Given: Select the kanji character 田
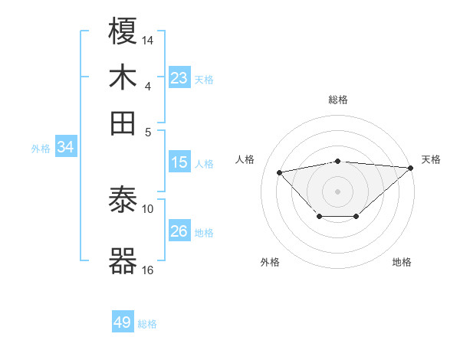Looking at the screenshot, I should coord(123,122).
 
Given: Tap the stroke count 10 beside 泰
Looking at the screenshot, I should coord(148,208).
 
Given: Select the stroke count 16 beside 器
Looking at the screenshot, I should coord(148,269).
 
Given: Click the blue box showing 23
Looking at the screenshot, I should coord(179,78).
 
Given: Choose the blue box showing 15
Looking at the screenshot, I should coord(179,162).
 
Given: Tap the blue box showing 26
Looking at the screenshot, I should coord(179,231).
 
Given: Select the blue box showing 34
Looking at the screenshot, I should coord(65,147).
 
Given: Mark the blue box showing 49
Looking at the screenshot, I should coord(123,322).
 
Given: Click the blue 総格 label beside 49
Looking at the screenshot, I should coord(148,324).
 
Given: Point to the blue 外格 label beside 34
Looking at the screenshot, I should coord(41,149).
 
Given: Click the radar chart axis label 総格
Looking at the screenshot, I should coord(338,100).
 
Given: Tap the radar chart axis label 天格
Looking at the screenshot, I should coord(431,159).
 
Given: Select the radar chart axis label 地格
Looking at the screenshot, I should coord(402,263).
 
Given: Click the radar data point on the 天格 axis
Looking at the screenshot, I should coord(411,167).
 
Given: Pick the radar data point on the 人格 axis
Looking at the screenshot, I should coord(280,172).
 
